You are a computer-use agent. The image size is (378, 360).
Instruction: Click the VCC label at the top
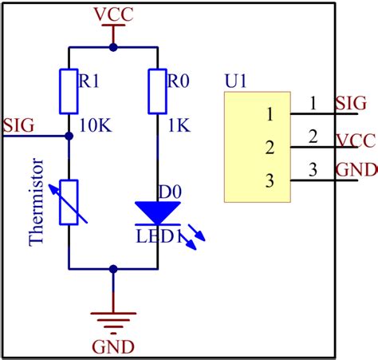[x=113, y=15]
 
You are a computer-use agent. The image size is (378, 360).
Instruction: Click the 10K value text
[x=99, y=125]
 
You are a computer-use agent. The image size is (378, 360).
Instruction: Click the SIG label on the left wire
[x=18, y=125]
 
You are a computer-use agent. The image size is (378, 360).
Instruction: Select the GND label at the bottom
[x=113, y=346]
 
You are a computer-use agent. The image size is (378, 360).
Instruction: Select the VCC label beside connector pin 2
[x=354, y=140]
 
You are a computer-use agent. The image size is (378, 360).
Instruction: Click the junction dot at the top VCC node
[x=113, y=47]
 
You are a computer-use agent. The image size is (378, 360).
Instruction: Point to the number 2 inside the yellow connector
[x=270, y=147]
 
